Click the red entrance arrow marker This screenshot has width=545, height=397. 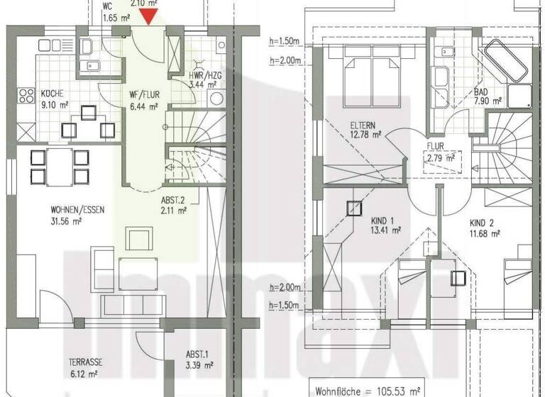(x=150, y=15)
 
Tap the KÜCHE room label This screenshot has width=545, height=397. (x=53, y=93)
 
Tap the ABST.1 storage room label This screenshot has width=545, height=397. (x=197, y=356)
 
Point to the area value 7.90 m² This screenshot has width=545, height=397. (x=488, y=101)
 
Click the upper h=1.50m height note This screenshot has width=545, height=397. (x=285, y=40)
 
